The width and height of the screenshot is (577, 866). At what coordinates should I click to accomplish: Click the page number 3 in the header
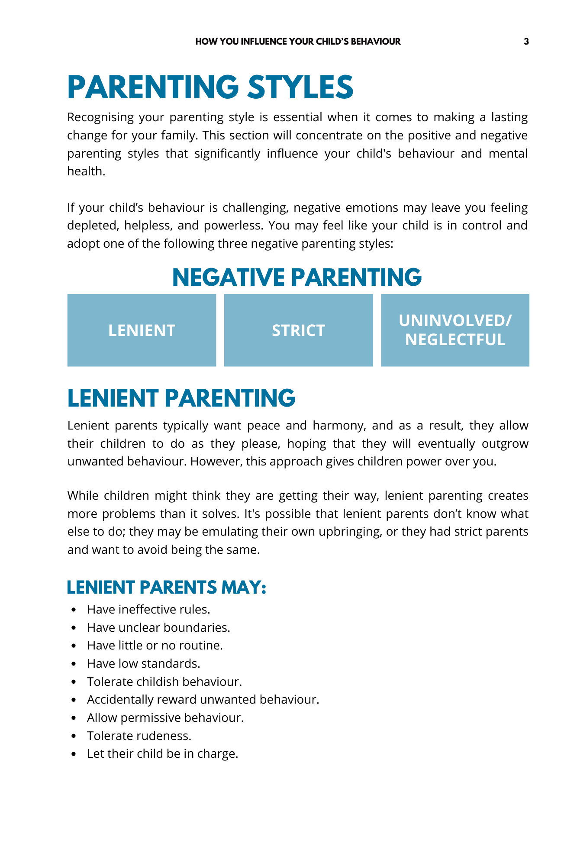coord(526,42)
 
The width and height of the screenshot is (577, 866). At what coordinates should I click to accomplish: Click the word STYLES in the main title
coord(300,87)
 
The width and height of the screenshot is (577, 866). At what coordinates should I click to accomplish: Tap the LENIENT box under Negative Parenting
coord(142,330)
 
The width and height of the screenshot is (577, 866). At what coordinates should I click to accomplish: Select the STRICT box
coord(298,330)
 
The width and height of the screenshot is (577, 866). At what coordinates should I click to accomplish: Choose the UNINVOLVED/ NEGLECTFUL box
coord(455,330)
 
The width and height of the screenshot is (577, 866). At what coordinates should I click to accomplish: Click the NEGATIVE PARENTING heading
coord(297,277)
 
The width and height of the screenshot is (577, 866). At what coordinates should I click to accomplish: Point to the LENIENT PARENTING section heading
coord(181,398)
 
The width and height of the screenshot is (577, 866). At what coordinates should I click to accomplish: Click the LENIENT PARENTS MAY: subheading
coord(167,588)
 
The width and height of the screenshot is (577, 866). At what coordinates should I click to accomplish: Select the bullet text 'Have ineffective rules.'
coord(148,610)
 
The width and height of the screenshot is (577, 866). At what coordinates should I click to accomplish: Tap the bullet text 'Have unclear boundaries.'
coord(158,627)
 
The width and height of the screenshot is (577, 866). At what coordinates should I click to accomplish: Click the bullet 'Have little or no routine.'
coord(155,646)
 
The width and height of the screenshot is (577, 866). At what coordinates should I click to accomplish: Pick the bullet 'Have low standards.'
coord(144,664)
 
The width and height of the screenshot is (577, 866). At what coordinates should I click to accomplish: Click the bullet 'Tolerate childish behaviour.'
coord(164,682)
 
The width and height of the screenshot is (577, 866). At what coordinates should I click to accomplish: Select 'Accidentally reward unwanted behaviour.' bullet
coord(203,700)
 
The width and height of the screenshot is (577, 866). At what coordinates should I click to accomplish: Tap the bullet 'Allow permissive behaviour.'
coord(165,718)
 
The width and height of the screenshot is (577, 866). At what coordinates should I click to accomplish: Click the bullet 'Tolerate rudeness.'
coord(139,736)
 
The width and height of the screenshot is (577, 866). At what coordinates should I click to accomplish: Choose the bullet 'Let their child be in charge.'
coord(162,754)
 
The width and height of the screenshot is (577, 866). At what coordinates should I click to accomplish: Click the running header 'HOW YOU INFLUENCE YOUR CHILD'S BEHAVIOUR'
coord(298,42)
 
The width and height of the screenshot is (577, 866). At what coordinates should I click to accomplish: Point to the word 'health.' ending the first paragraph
coord(86,171)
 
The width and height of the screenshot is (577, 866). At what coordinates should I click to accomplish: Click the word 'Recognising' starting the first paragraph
coord(100,118)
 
